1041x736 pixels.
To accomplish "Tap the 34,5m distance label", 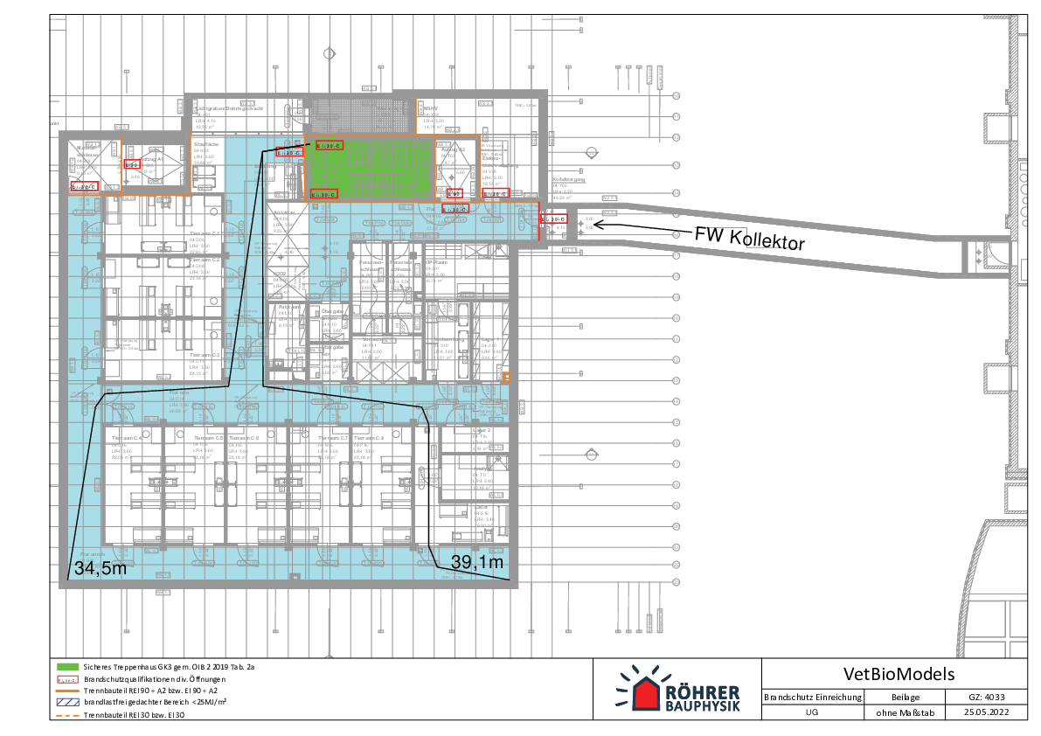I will tap(100, 569).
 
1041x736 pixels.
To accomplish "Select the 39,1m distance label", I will tap(477, 562).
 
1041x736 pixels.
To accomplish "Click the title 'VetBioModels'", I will tap(899, 674).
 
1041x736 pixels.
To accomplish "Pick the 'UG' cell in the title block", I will tap(812, 712).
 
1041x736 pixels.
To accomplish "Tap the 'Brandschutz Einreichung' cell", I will tap(813, 697).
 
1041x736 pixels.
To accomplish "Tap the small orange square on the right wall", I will tap(506, 377).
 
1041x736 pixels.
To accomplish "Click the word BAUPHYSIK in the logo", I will tap(703, 705).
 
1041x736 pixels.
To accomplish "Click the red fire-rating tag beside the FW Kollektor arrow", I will tap(554, 219).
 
